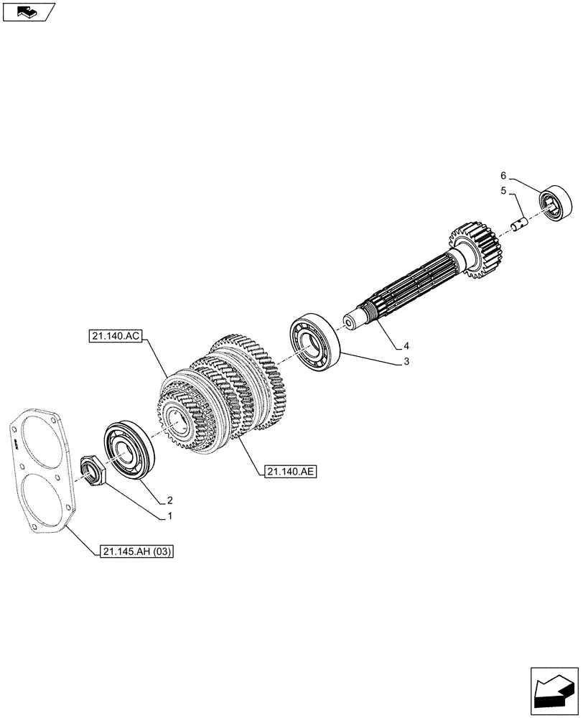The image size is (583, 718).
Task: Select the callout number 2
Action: pyautogui.click(x=170, y=500)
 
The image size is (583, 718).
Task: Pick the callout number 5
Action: pyautogui.click(x=503, y=191)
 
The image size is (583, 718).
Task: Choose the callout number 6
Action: pyautogui.click(x=503, y=175)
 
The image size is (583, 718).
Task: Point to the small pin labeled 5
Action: pyautogui.click(x=518, y=223)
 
